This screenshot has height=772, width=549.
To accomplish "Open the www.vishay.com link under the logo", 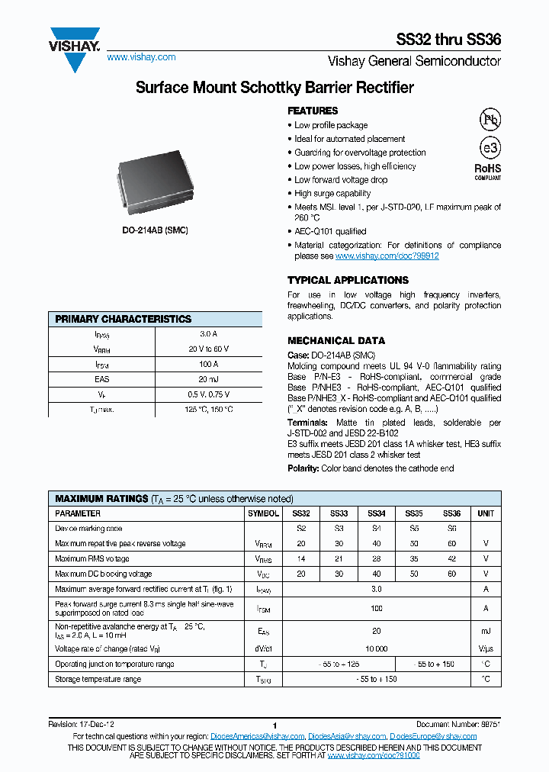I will [x=140, y=57].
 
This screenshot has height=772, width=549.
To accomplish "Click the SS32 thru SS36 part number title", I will [x=448, y=40].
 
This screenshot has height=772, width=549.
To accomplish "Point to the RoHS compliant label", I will [x=488, y=171].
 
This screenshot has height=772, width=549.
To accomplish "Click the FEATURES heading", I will [x=313, y=111].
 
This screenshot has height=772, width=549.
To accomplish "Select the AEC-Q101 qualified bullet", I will [x=330, y=231].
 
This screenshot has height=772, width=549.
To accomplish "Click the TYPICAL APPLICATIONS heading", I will [x=348, y=280].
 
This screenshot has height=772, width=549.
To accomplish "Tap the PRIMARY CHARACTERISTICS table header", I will [x=124, y=319].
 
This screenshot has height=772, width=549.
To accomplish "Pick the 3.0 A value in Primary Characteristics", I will [x=208, y=334].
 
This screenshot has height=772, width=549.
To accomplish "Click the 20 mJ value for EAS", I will [x=208, y=379].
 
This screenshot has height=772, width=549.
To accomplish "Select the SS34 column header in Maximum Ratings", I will [x=377, y=513].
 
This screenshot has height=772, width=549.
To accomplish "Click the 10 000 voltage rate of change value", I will [x=377, y=648].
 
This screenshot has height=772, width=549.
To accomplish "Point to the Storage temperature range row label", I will [x=98, y=679].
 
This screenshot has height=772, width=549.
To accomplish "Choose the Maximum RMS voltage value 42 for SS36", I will [x=452, y=558].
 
